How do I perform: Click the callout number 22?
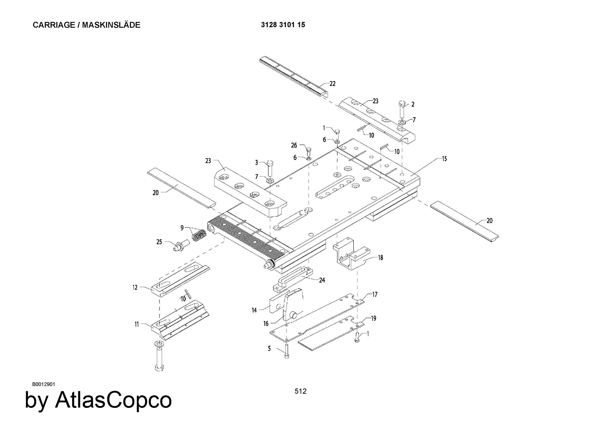coord(332,84)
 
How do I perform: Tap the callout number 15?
coord(444,159)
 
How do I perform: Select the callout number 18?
coord(380,258)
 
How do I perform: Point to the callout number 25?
coord(159,242)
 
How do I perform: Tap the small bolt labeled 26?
coord(308,151)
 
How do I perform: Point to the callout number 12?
coord(135,287)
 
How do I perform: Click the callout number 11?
coord(137,324)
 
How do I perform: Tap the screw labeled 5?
coord(287,351)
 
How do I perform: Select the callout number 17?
coord(375,294)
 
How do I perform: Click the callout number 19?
coord(373,318)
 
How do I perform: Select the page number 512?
coord(301,391)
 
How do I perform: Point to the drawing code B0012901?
coord(43,384)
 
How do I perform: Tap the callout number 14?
coord(254,310)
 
